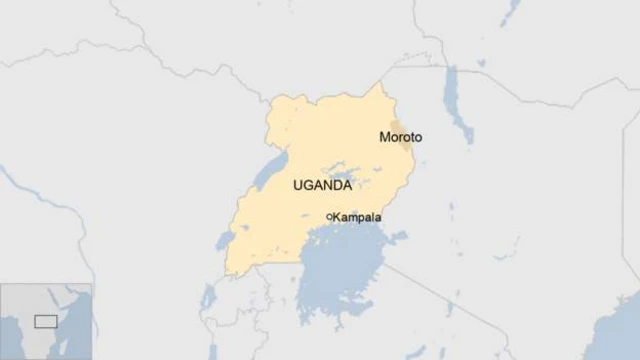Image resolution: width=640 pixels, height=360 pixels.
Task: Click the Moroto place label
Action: coord(401,136)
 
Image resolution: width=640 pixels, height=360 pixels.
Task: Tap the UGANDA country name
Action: coord(322,186)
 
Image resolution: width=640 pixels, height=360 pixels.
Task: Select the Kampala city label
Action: coord(357,217)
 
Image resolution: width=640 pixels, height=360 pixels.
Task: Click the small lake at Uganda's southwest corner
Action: coord(223,241)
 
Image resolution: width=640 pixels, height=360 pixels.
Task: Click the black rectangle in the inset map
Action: coord(45,321)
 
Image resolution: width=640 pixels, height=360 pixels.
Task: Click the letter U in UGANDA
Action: coord(298,186)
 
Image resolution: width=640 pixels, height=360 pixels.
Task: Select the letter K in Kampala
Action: coord(338,217)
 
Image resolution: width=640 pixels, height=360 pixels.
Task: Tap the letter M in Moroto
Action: coord(385,136)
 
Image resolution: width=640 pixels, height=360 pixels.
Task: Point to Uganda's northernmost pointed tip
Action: coord(379,84)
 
